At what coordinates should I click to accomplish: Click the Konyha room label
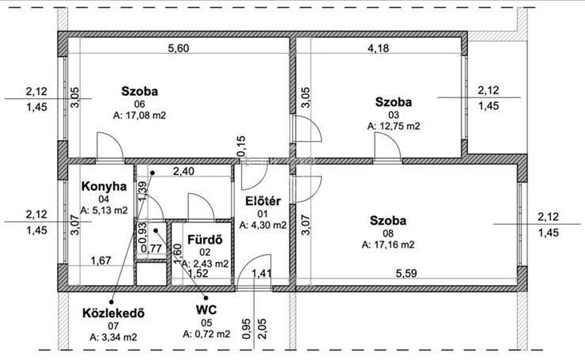pos(104,187)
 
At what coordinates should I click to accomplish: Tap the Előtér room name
pos(262,201)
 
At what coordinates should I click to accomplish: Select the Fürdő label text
pos(205,240)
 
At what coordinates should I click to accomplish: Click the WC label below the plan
pos(206,310)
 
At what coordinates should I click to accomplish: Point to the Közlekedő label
pos(113,313)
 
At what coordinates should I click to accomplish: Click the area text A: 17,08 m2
pos(139,116)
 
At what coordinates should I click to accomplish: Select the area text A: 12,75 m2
pos(394,127)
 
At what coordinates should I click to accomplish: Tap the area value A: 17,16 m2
pos(388,245)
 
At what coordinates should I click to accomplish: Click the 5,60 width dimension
pos(179,48)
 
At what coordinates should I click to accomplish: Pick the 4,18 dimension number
pos(379,48)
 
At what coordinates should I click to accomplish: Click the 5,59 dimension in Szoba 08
pos(406,273)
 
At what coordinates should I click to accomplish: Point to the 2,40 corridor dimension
pos(183,172)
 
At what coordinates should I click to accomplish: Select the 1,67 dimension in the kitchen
pos(101,260)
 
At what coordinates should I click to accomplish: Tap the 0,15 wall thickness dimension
pos(241,146)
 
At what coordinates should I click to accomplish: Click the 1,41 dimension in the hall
pos(262,273)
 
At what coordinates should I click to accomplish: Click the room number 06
pos(139,104)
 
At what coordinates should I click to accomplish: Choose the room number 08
pos(388,233)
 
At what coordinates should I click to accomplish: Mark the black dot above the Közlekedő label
pos(111,301)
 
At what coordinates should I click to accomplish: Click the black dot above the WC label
pos(206,297)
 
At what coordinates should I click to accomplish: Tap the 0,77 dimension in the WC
pos(151,248)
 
